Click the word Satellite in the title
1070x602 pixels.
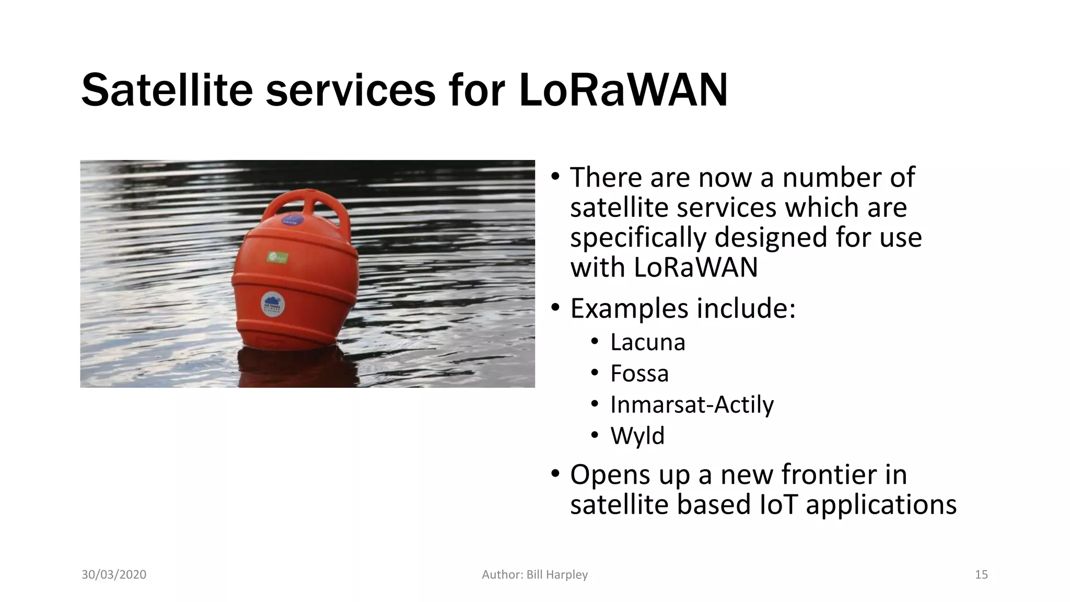tap(167, 90)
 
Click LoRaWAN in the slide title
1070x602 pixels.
tap(623, 90)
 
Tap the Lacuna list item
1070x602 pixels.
tap(647, 342)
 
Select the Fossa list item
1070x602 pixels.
tap(639, 374)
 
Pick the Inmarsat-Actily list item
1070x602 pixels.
tap(692, 404)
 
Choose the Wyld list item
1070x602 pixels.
tap(637, 436)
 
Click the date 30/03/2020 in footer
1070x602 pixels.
tap(114, 575)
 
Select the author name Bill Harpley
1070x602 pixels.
tap(557, 575)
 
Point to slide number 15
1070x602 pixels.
tap(981, 575)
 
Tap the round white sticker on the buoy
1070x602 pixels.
tap(272, 303)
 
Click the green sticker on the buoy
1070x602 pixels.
tap(277, 257)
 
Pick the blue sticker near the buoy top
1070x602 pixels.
tap(289, 220)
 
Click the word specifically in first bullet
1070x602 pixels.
tap(638, 237)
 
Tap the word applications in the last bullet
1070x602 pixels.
tap(881, 505)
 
